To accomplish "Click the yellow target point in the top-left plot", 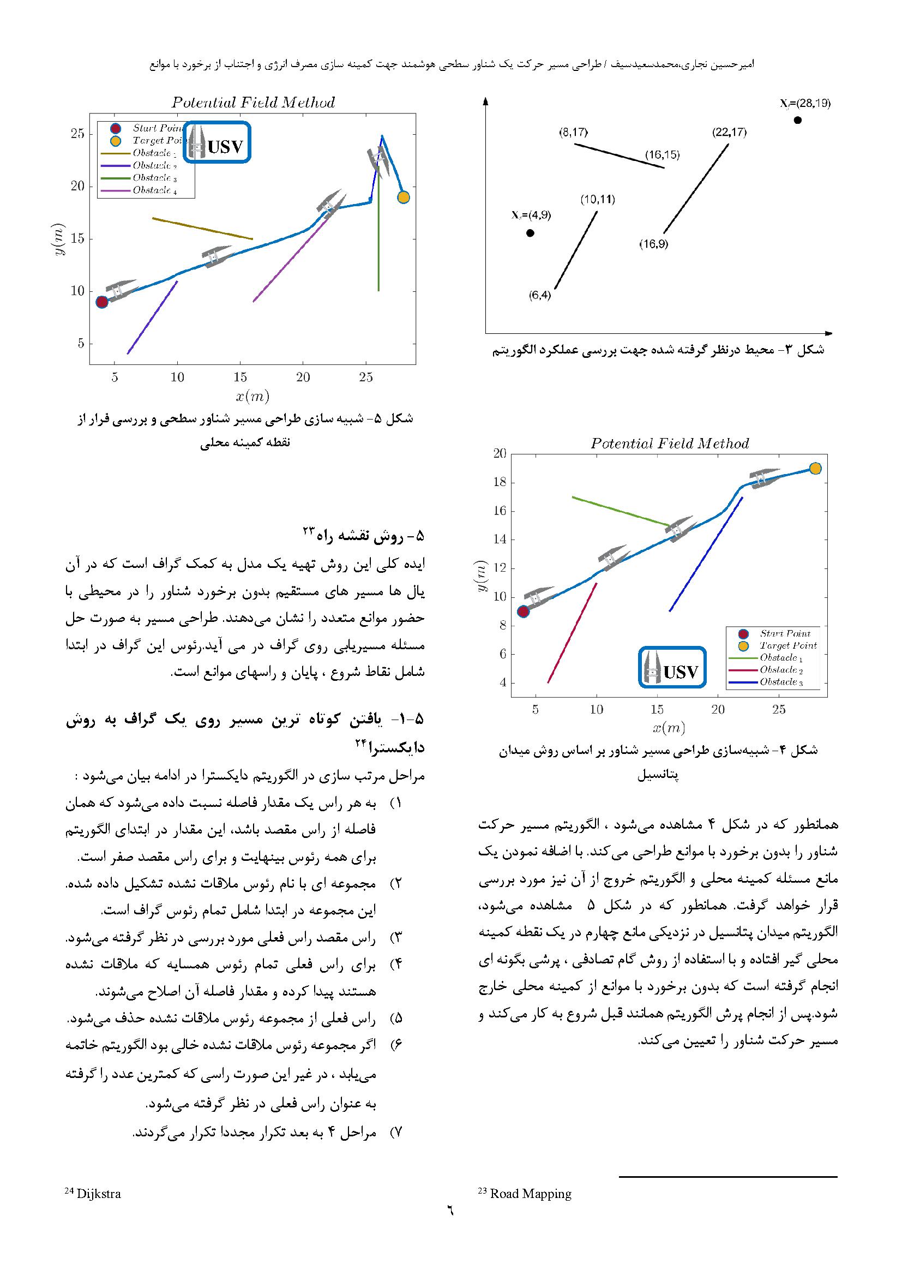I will pos(404,197).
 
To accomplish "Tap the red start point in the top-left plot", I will pos(101,302).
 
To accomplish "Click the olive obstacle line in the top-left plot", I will pos(202,229).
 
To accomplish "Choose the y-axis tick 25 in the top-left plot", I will pos(78,133).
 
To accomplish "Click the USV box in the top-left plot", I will pos(217,143).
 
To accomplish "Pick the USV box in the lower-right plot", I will pos(672,667).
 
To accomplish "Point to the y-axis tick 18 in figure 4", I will pos(500,482).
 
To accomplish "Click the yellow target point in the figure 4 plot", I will pos(815,469).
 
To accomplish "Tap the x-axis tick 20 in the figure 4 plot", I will pos(718,710).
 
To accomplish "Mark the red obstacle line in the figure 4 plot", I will pos(572,633).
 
